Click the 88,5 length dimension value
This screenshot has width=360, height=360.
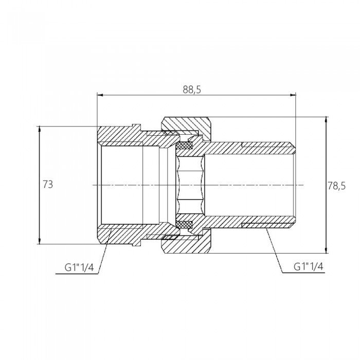tap(192, 89)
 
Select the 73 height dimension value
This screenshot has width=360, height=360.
tap(48, 184)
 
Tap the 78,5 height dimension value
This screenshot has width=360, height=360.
tap(336, 186)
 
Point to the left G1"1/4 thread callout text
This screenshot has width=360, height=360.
tap(79, 267)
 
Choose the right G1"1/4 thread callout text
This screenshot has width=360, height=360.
tap(309, 266)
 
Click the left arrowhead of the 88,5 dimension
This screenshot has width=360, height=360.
tap(100, 95)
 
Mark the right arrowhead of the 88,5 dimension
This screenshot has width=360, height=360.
tap(293, 95)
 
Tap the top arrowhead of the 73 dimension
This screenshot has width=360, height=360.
tap(40, 129)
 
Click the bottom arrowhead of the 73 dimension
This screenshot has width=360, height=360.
tap(40, 241)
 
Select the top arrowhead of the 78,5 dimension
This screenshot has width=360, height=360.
tap(326, 120)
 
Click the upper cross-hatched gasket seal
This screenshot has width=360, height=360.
tap(184, 146)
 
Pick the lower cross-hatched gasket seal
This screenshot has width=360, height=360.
tap(184, 224)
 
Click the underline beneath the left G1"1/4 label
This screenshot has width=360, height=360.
tap(77, 274)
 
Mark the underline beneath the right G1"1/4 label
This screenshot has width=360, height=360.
tap(303, 273)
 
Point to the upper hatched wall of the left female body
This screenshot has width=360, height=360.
tap(129, 137)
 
